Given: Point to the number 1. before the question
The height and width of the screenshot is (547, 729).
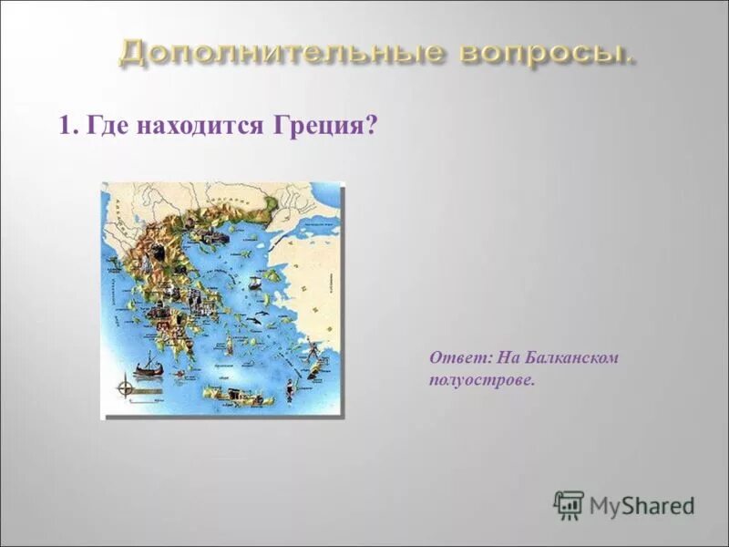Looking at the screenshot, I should click(68, 126).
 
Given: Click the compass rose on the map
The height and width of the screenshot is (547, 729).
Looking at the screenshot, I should click(126, 388).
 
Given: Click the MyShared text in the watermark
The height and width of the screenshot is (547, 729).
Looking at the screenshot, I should click(642, 505).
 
